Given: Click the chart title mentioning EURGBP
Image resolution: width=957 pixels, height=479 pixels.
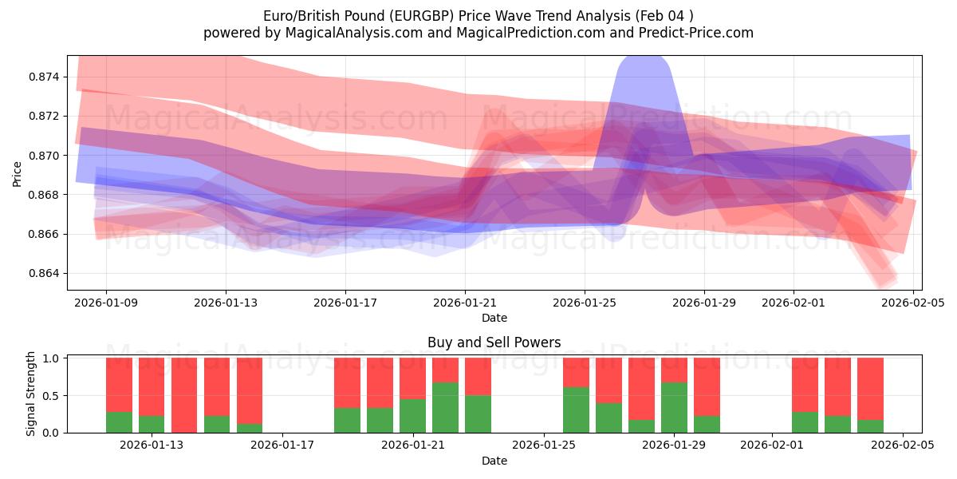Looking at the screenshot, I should pos(478,15).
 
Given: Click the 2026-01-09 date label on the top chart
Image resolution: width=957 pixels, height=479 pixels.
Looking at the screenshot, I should pos(106,303).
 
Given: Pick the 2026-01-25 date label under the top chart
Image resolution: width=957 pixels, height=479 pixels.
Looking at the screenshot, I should pos(585,303).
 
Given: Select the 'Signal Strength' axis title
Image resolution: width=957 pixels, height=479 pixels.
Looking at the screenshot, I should pos(30,394).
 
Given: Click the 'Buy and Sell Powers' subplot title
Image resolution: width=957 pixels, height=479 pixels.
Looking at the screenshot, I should pos(494,342).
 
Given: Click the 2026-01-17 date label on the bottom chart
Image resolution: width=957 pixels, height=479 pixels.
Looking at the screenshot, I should pos(283,445).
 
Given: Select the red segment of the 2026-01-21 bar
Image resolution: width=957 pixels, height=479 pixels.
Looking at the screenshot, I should pos(412,378).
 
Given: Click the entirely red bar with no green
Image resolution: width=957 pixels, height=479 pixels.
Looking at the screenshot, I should pos(184,395).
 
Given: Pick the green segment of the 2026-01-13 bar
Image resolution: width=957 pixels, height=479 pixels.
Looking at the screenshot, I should pos(152,424).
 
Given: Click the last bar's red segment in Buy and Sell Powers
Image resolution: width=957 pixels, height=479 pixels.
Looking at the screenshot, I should pos(870,388).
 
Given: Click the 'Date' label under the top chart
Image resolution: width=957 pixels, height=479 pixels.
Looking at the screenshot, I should pos(494,318).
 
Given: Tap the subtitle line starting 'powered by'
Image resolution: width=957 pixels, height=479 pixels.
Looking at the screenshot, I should pos(478,33).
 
